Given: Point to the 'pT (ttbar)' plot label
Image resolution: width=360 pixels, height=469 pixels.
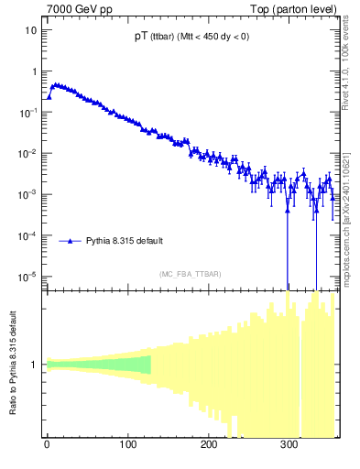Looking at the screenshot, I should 191,38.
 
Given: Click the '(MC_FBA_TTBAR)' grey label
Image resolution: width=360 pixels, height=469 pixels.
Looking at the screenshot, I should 190,274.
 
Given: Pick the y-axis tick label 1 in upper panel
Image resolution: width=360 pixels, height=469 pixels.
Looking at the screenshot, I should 34,71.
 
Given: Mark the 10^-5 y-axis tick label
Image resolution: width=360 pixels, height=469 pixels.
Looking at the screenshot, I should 28,276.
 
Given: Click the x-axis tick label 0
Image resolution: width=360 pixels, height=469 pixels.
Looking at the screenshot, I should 47,446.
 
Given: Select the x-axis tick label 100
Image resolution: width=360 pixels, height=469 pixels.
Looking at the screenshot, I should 127,446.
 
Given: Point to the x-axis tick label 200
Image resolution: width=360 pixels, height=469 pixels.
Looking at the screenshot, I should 209,446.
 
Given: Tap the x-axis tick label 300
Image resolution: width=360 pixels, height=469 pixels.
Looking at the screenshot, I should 289,446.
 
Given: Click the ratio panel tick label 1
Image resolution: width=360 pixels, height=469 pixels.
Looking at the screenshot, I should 34,365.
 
